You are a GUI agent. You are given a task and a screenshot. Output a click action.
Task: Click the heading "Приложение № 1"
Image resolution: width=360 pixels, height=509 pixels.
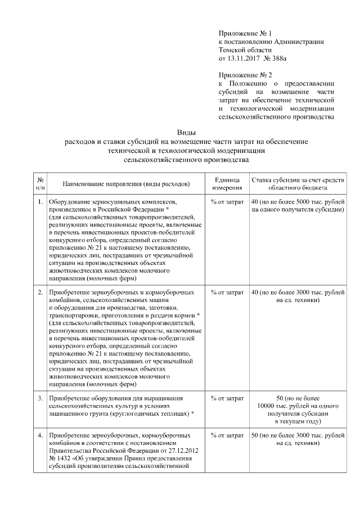click(245, 34)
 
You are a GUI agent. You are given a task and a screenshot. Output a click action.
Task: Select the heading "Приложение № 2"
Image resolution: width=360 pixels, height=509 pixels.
click(245, 74)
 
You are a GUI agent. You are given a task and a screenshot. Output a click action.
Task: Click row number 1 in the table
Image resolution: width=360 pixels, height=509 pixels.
click(40, 201)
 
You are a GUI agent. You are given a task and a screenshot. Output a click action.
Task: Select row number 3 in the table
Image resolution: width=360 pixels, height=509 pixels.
click(40, 398)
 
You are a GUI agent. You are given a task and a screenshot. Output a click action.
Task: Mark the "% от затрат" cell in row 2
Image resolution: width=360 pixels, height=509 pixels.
click(227, 292)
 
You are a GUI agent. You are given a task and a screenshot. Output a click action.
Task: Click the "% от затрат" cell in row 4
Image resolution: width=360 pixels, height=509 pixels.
click(227, 435)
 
